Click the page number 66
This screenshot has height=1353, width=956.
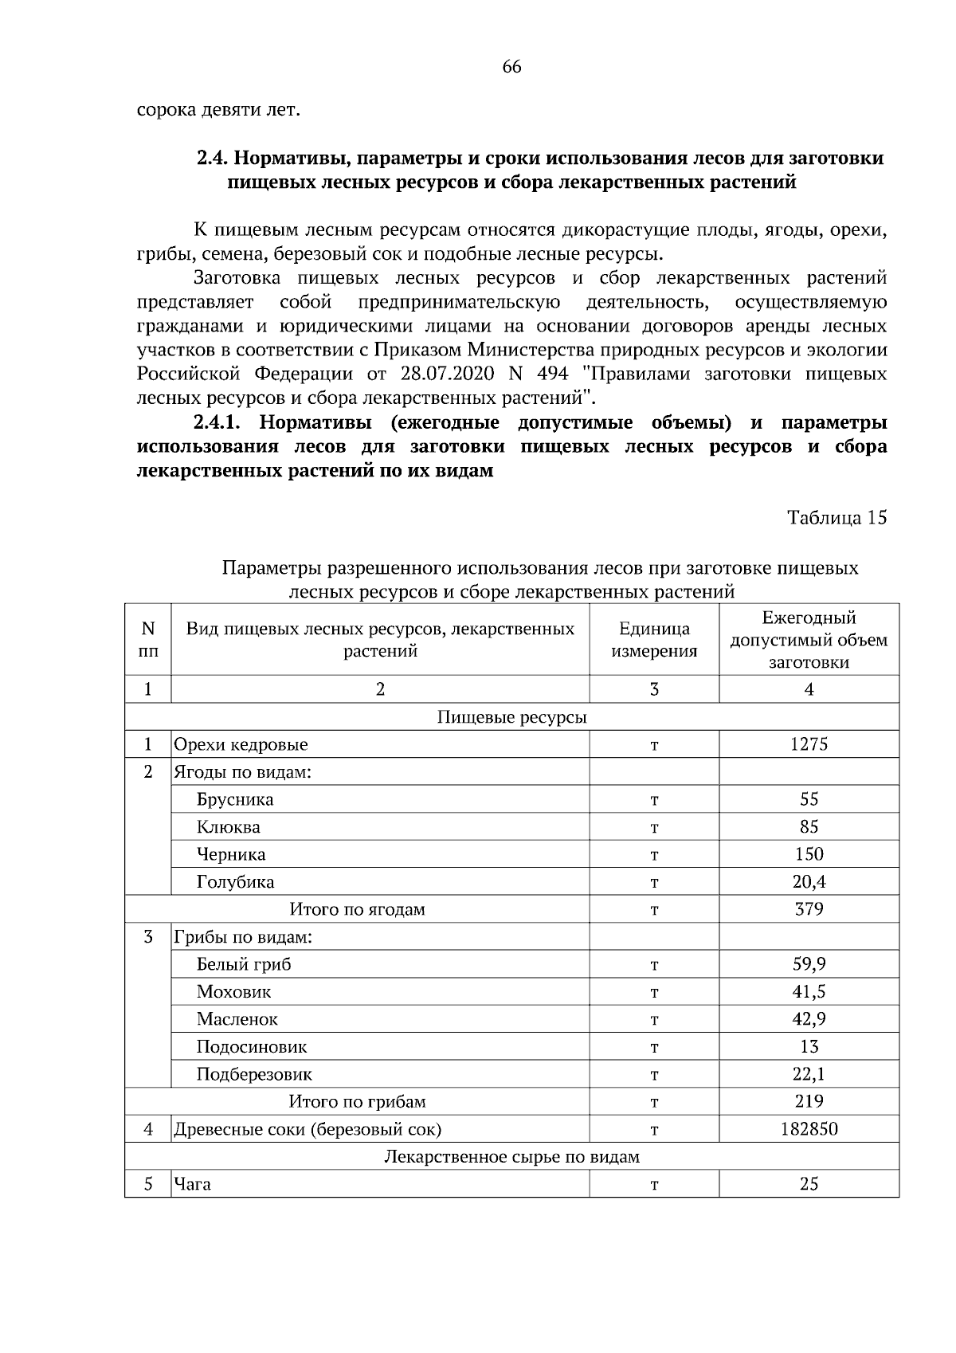pyautogui.click(x=511, y=67)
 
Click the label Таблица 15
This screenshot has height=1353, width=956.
pyautogui.click(x=836, y=518)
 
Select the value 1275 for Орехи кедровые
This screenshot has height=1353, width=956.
pyautogui.click(x=809, y=744)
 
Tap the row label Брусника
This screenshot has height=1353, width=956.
pyautogui.click(x=235, y=799)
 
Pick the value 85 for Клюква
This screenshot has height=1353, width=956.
pyautogui.click(x=809, y=827)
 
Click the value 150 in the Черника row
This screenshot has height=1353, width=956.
pyautogui.click(x=809, y=854)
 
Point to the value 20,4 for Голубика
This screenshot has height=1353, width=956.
pyautogui.click(x=809, y=882)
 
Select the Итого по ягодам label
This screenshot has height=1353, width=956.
pyautogui.click(x=357, y=909)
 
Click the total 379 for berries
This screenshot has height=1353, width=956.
pyautogui.click(x=809, y=909)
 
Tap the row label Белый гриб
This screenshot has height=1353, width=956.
pyautogui.click(x=244, y=964)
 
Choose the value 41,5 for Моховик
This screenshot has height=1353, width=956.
pyautogui.click(x=809, y=992)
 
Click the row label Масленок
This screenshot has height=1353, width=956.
pyautogui.click(x=237, y=1019)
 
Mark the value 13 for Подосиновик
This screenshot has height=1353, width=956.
pyautogui.click(x=809, y=1047)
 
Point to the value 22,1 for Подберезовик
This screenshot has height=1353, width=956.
pyautogui.click(x=809, y=1074)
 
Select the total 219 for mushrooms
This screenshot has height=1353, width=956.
pyautogui.click(x=809, y=1101)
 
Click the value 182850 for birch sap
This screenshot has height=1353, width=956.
pyautogui.click(x=809, y=1129)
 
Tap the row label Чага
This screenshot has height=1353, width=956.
pyautogui.click(x=193, y=1184)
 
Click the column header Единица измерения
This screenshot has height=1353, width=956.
pyautogui.click(x=654, y=640)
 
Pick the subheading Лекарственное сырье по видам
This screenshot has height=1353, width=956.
pyautogui.click(x=511, y=1156)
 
